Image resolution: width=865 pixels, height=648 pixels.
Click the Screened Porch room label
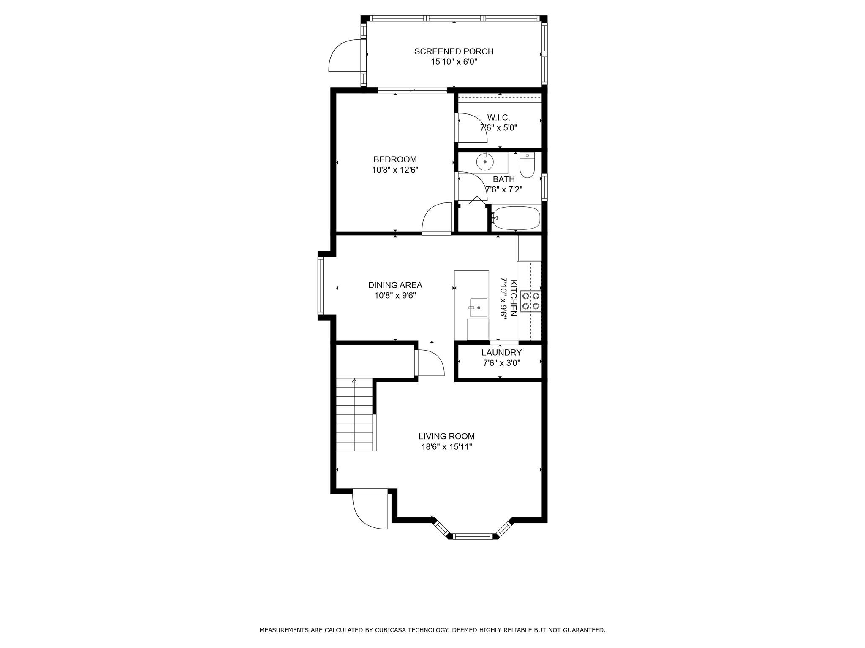click(454, 51)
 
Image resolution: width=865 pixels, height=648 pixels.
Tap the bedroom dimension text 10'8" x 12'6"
click(395, 170)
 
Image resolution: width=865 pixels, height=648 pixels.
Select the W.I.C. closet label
click(498, 118)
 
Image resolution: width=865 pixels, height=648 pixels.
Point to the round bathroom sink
click(485, 162)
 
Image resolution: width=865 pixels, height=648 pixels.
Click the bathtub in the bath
click(516, 218)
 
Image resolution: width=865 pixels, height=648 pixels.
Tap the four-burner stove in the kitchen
click(531, 301)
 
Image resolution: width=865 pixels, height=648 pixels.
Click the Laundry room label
click(501, 353)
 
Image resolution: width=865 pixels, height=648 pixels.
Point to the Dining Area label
click(395, 286)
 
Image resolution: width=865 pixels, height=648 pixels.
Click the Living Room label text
click(446, 437)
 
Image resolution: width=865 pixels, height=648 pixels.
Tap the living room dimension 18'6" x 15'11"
click(446, 447)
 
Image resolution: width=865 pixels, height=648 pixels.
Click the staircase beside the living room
click(355, 415)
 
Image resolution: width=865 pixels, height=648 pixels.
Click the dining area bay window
click(321, 285)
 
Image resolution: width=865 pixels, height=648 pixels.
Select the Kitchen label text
click(514, 298)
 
